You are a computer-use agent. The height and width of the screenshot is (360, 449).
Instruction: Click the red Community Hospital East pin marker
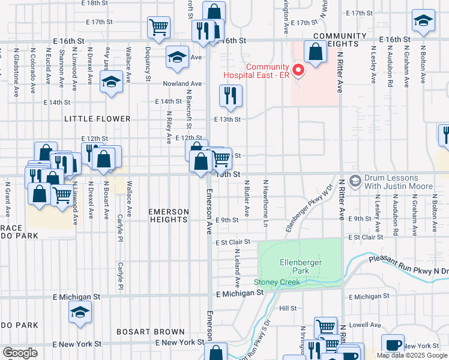point(297,70)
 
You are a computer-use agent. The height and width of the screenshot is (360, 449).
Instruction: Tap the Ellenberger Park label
point(301,266)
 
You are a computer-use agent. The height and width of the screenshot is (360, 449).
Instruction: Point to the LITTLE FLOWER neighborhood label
point(97,119)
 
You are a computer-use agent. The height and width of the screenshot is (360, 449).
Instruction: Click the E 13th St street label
point(228,119)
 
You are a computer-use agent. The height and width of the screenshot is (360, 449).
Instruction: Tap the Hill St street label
point(288,308)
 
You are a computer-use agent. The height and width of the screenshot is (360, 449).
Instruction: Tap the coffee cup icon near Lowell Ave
point(393,346)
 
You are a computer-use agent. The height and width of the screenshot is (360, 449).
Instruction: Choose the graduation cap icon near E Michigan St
point(80,313)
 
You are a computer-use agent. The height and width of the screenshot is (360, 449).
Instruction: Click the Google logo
point(20,353)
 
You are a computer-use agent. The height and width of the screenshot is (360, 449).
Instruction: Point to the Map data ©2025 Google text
point(411,355)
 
